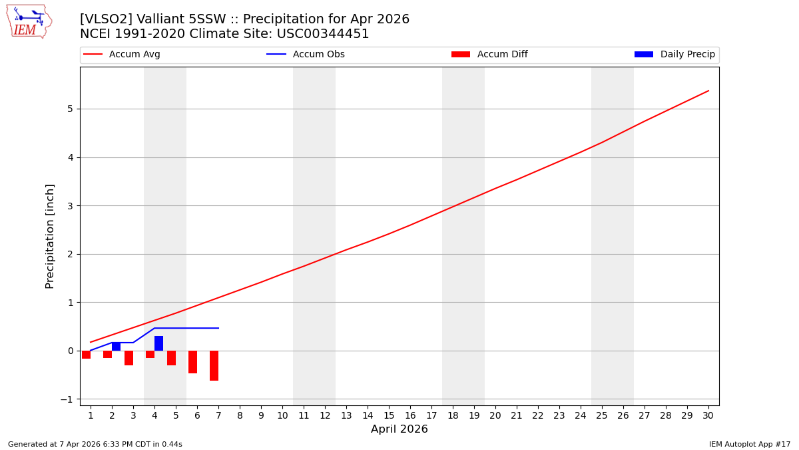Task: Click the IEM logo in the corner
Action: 29,21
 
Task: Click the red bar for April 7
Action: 214,365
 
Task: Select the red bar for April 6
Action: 192,362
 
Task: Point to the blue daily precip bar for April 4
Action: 158,343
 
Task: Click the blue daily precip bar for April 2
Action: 116,347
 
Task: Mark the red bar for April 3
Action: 129,358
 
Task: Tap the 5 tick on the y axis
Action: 69,109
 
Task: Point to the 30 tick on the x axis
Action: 708,415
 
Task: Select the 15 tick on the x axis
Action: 389,415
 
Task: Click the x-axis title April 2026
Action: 399,429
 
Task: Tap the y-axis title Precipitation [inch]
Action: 50,236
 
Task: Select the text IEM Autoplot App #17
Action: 749,444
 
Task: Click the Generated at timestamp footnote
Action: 95,444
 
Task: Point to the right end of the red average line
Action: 708,91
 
